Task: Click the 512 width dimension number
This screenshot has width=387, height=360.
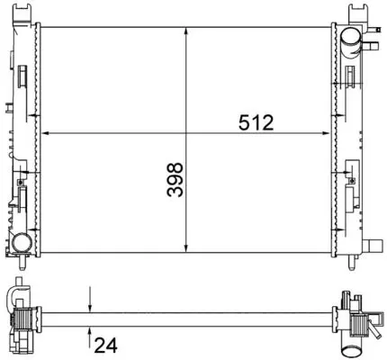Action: (x=256, y=122)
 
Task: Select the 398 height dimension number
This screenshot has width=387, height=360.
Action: (x=175, y=179)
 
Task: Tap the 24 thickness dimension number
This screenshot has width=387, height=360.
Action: (x=105, y=346)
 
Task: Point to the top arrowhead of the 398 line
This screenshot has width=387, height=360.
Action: (x=186, y=31)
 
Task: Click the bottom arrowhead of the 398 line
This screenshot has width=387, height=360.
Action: (x=186, y=247)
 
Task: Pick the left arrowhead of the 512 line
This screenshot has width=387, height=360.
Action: (x=45, y=133)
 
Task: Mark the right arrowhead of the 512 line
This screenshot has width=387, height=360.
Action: (x=326, y=133)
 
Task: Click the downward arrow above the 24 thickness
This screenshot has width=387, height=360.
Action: (x=90, y=300)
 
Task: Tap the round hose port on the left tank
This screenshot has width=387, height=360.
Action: (x=22, y=242)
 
